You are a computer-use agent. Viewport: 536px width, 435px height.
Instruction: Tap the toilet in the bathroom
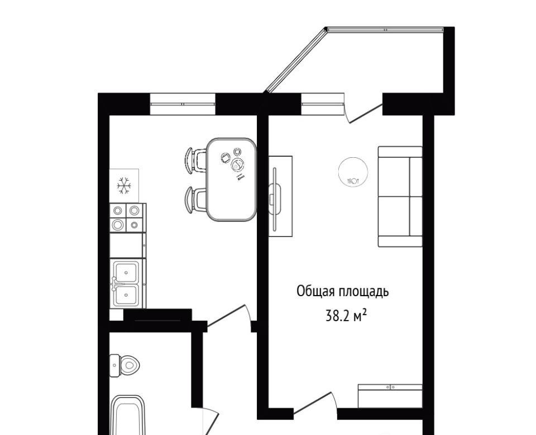point(125,366)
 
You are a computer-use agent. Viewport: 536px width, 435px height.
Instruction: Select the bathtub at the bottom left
point(129,415)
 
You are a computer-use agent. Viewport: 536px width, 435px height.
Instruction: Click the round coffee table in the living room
point(353,171)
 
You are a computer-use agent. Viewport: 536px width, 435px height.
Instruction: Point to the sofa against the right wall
point(400,197)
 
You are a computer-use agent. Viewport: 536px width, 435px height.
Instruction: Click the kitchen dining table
point(231,179)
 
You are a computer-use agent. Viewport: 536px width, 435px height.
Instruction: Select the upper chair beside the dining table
point(196,160)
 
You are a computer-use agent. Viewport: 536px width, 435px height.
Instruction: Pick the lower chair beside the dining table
point(196,200)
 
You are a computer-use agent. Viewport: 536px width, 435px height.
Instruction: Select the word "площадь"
point(363,292)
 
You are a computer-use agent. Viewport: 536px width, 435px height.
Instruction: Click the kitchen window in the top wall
point(183,104)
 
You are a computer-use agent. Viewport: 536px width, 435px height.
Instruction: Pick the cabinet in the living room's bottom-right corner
point(390,396)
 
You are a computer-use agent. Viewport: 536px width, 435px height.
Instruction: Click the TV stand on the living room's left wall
point(280,196)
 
